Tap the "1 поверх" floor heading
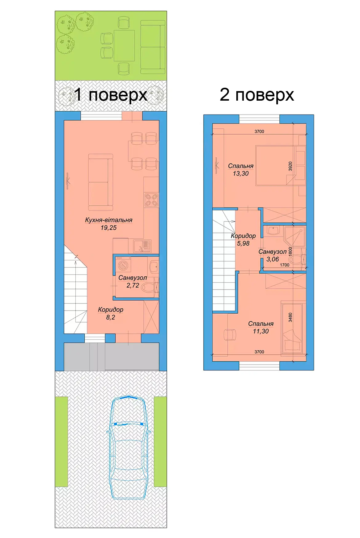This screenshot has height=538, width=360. point(111,94)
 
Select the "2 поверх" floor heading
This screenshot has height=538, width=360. point(257,94)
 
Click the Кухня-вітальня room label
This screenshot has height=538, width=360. point(109,220)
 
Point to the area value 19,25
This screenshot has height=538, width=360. point(109,228)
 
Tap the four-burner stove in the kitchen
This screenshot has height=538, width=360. point(151,199)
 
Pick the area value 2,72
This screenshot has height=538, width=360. point(133,285)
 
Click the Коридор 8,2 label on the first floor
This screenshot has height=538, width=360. point(110,313)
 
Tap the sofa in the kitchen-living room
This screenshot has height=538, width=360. point(100,182)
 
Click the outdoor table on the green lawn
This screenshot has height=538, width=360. point(124,46)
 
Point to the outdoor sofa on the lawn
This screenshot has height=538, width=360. point(153,47)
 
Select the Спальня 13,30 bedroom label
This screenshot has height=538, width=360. point(241,170)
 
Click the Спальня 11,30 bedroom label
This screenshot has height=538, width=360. point(261,327)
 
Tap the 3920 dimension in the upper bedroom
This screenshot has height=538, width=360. point(290,166)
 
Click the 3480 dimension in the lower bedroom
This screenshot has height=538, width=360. point(290,317)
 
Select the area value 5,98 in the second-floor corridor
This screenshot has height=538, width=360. point(243,243)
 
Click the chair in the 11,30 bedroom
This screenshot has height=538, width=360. point(229,335)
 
